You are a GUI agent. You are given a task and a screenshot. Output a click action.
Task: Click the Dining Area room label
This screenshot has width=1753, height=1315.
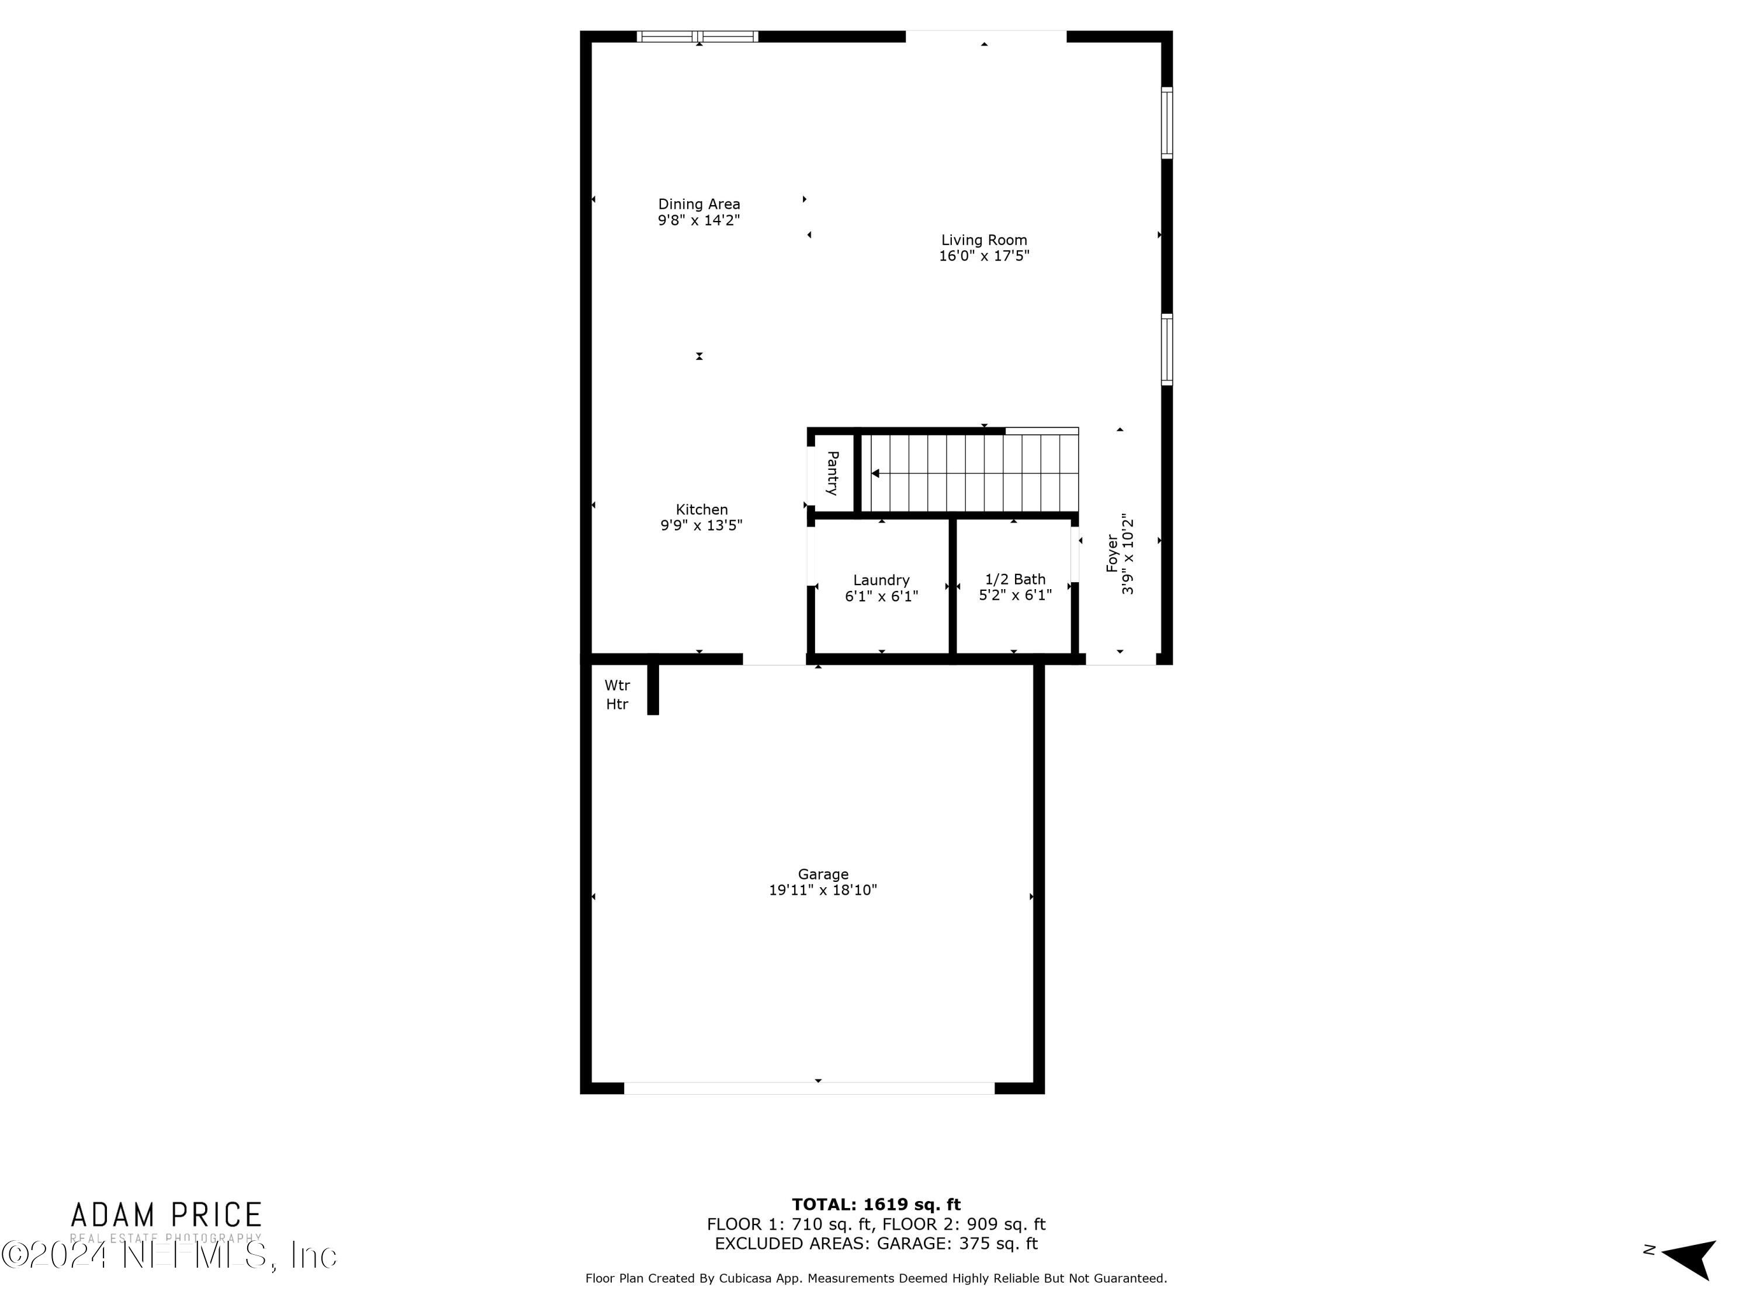click(x=698, y=205)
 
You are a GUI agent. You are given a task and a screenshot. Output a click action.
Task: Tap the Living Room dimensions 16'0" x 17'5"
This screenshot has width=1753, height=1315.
click(x=983, y=256)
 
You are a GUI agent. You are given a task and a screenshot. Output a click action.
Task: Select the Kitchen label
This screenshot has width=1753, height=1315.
click(x=701, y=510)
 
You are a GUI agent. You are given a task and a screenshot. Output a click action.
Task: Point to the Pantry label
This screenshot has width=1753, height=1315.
click(x=832, y=473)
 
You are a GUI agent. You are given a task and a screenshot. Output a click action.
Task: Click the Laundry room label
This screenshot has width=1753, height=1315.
click(x=881, y=580)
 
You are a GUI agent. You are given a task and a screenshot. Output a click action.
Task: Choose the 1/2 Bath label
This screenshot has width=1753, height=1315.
click(x=1014, y=579)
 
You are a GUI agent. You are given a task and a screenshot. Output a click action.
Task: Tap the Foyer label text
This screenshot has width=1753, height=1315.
click(x=1113, y=553)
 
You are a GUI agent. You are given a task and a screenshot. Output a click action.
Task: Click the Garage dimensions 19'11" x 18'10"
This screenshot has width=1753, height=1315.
click(x=823, y=890)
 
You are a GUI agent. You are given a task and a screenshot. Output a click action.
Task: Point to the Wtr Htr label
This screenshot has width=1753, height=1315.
click(x=618, y=694)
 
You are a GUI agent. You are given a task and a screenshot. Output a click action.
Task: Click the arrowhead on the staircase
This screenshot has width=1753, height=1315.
click(x=876, y=473)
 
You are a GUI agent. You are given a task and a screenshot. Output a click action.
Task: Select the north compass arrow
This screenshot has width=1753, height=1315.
click(x=1690, y=1259)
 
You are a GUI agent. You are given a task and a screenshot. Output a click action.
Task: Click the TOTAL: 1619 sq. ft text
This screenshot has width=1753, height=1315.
click(x=876, y=1205)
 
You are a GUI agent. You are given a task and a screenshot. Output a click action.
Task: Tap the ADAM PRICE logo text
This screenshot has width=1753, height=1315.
click(x=167, y=1215)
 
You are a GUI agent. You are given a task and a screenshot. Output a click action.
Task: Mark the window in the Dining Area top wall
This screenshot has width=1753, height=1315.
click(x=697, y=36)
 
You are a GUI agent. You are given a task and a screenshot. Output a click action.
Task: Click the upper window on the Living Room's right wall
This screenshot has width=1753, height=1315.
click(x=1166, y=123)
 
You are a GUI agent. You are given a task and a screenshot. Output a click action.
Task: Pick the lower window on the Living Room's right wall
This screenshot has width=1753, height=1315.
click(x=1166, y=349)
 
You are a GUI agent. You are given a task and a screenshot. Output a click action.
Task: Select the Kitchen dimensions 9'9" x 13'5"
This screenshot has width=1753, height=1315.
click(x=701, y=525)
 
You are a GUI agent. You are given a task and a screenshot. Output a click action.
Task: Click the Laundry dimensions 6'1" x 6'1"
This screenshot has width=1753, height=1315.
click(x=881, y=596)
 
